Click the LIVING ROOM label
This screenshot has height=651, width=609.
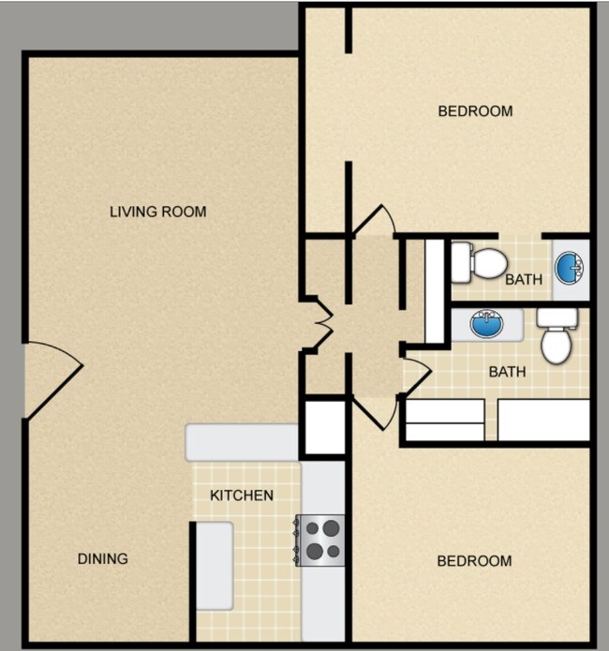click(157, 212)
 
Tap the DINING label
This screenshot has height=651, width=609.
click(103, 559)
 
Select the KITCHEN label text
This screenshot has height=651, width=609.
click(242, 496)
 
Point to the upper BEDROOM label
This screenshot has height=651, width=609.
click(475, 111)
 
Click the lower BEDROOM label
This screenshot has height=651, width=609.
click(474, 561)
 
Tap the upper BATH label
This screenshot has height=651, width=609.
click(524, 279)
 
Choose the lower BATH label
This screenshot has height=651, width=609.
click(507, 372)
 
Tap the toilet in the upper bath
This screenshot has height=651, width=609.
click(479, 263)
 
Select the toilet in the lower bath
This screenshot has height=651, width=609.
click(557, 335)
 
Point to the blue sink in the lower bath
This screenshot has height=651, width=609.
click(486, 324)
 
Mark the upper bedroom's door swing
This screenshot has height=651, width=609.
click(375, 220)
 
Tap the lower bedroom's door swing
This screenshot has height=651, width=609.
click(374, 412)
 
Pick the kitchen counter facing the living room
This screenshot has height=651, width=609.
click(242, 442)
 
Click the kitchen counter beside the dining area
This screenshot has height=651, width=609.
click(215, 566)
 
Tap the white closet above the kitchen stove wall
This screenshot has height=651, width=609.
click(325, 427)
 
